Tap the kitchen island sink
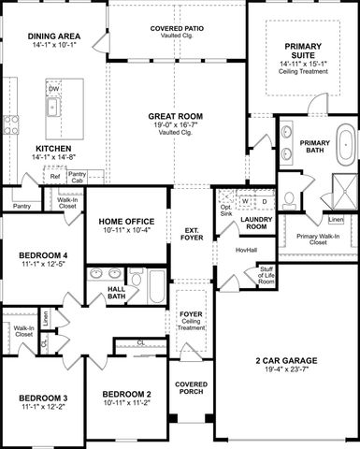[x=54, y=106]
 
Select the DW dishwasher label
[x=53, y=89]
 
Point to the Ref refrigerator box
[x=55, y=176]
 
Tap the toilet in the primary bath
[x=290, y=197]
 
